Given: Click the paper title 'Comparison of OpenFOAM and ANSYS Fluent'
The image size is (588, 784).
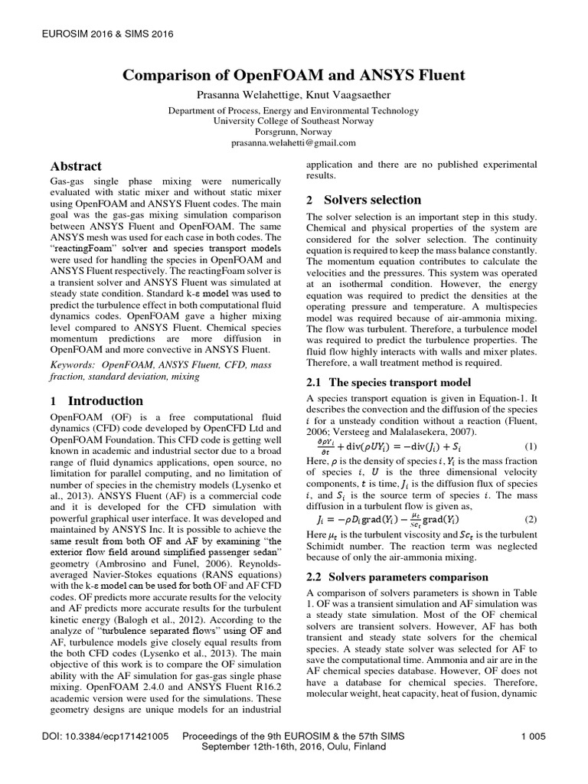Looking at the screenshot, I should (294, 76).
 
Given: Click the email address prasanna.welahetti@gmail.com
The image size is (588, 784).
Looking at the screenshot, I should (294, 142).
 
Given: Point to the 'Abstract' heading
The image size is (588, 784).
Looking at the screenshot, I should (76, 166).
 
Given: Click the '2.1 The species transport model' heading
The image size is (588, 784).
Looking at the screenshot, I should (388, 383).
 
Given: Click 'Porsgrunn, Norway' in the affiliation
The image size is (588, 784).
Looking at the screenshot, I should (294, 132).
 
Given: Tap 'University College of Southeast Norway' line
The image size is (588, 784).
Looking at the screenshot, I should (294, 121).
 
